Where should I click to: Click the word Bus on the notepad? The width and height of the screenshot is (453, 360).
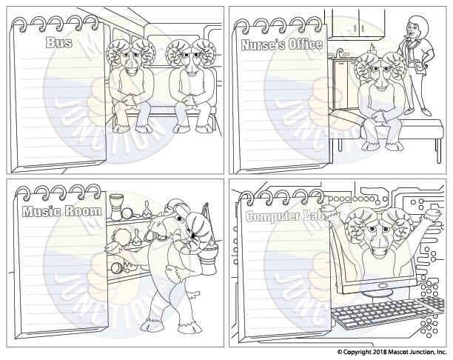pos(59,42)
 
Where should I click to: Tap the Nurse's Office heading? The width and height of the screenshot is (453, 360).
pos(282,44)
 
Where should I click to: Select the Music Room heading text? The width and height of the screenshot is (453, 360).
pos(62,211)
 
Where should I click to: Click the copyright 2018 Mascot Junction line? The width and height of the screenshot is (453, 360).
pos(392,352)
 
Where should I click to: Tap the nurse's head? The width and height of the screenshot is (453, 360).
pos(415,27)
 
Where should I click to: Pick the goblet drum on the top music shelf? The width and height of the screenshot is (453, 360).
pos(117,207)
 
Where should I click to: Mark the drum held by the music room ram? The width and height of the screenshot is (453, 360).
pos(209,257)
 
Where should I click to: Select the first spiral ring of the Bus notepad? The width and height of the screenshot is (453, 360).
pos(21,24)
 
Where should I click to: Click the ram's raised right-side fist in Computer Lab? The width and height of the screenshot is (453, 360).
pos(434,212)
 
